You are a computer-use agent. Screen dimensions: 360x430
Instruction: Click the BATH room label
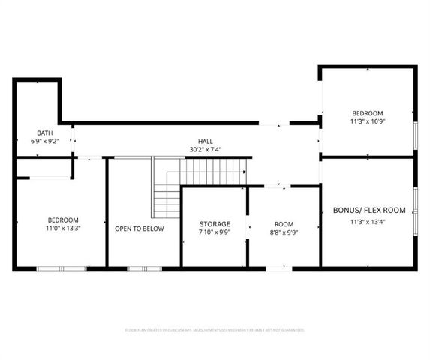coord(35,133)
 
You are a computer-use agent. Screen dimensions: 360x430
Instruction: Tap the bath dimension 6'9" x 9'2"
coord(35,141)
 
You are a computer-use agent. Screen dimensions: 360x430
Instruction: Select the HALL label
coord(205,141)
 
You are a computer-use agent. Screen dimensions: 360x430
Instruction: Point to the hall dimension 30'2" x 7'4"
coord(205,149)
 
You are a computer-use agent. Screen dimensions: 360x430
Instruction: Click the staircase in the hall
coord(199,180)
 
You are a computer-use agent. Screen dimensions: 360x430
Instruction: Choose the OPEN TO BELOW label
coord(139,229)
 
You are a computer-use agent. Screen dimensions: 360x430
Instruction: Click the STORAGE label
coord(215,224)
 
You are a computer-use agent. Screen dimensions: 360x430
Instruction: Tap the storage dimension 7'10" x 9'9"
coord(215,233)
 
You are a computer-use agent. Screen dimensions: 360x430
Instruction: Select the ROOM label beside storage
coord(284,224)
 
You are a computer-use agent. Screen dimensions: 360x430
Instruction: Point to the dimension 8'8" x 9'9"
coord(284,233)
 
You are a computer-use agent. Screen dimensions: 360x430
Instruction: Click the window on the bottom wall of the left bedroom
coord(62,268)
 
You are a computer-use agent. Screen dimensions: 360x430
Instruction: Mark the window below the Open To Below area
coord(139,268)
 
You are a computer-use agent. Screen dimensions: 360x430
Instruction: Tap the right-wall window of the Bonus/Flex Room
coord(415,211)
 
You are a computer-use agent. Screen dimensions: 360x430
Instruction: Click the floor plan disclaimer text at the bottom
coord(215,329)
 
